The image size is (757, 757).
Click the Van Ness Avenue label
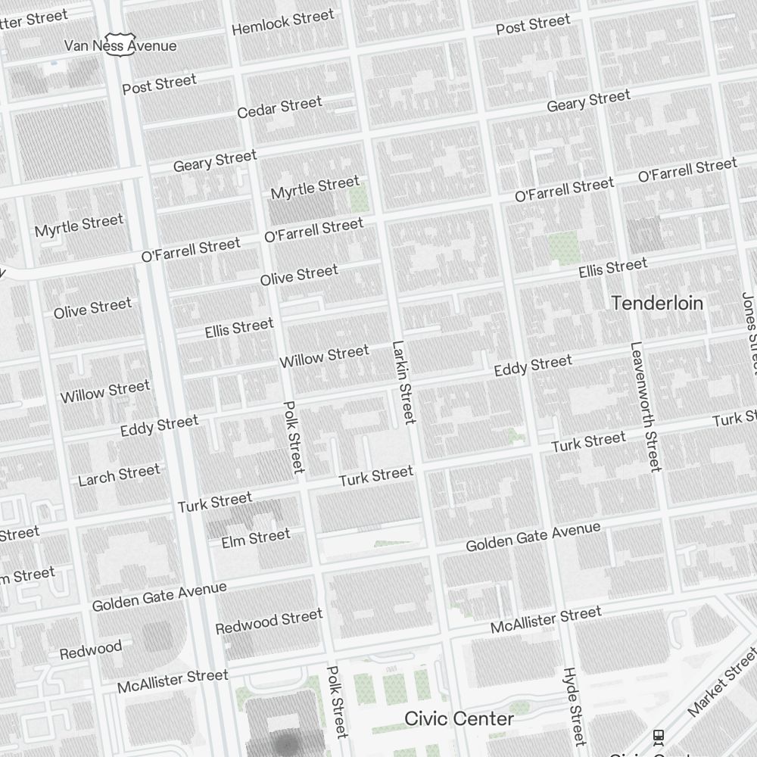(x=120, y=45)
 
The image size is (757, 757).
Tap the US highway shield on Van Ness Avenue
(x=119, y=43)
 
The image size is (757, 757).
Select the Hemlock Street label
(x=282, y=22)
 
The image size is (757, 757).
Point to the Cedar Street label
(x=279, y=107)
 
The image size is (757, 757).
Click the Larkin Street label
(x=403, y=382)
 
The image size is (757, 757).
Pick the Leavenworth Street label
(x=645, y=407)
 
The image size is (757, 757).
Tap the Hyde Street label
(x=575, y=706)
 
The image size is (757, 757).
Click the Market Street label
(x=722, y=692)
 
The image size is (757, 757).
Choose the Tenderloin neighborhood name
(x=657, y=304)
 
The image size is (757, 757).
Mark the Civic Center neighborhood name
(x=459, y=718)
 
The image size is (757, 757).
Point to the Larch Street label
(x=119, y=475)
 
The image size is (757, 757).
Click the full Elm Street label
(x=256, y=538)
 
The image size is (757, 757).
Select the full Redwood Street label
(x=269, y=622)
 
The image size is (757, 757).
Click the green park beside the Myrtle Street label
(x=358, y=198)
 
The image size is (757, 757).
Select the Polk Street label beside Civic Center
(x=337, y=702)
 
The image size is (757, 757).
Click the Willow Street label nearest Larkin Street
(x=324, y=356)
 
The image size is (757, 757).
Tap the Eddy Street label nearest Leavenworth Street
(x=533, y=366)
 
